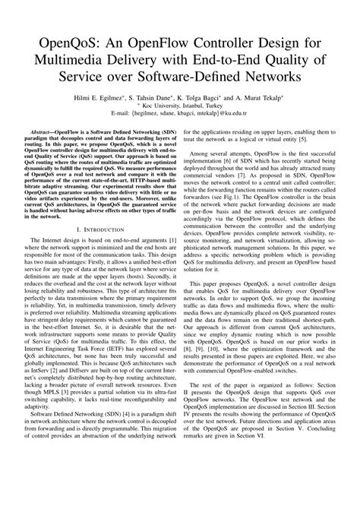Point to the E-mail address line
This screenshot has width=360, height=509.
pyautogui.click(x=181, y=118)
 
